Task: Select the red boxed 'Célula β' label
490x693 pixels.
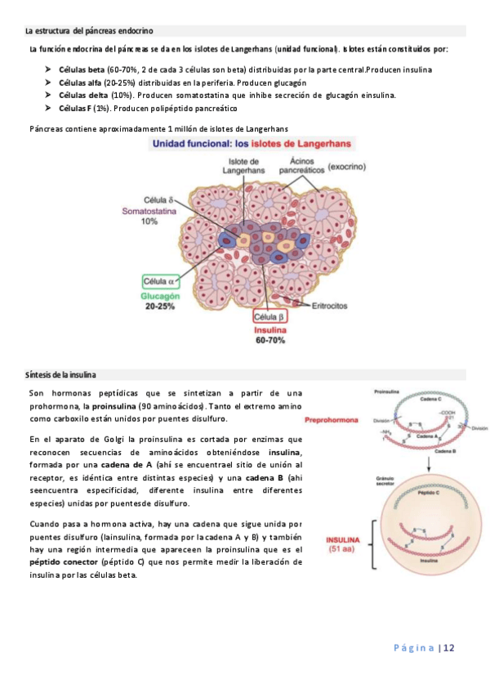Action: point(269,316)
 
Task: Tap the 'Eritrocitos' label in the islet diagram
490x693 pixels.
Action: point(331,306)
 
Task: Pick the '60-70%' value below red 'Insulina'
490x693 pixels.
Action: point(269,339)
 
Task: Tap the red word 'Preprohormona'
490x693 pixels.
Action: point(332,421)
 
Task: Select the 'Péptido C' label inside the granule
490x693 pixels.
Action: point(430,494)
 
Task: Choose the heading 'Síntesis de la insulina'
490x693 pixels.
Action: point(61,374)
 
